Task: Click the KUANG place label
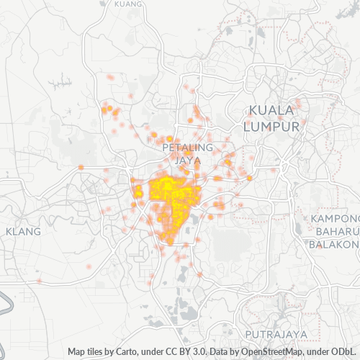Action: coord(128,4)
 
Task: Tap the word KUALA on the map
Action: coord(271,110)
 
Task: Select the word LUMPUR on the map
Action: coord(271,126)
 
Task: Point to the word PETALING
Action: coord(188,147)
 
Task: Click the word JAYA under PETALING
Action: coord(188,159)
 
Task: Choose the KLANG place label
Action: coord(23,232)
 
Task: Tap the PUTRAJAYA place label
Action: coord(276,335)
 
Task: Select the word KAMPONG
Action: coord(336,218)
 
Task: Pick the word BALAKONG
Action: coord(334,244)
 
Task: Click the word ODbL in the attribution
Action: coord(345,352)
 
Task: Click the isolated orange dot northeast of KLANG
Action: coord(81,167)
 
